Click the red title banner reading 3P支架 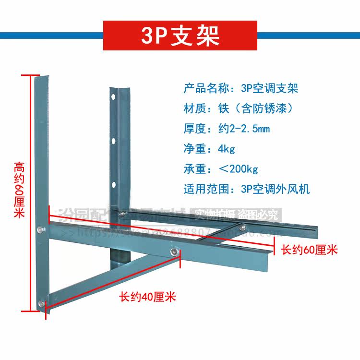click(180, 35)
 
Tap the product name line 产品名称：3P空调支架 click(234, 89)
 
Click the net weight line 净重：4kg click(209, 148)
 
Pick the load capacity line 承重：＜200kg click(221, 168)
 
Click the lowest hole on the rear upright click(114, 184)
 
